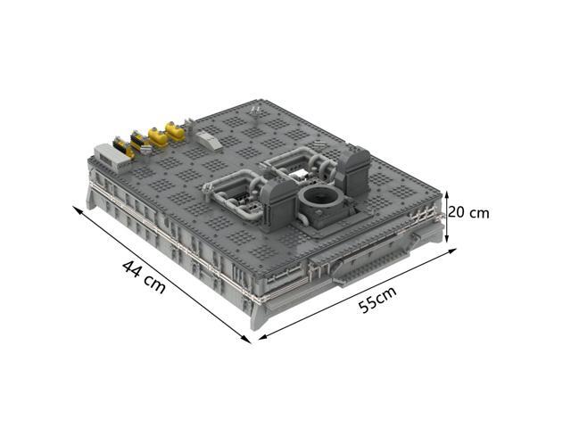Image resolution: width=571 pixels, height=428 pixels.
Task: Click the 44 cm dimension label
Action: point(144,276)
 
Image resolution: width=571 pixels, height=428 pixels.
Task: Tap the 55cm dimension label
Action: point(377,300)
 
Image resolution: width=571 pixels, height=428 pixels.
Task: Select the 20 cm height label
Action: point(468,212)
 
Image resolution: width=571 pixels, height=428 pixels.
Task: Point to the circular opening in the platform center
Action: point(320,198)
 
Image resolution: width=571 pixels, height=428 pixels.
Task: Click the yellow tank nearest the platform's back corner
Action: point(175,131)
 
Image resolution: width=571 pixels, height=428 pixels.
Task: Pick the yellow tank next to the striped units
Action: point(158,137)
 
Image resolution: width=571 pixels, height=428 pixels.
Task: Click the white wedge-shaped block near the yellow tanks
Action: point(208,140)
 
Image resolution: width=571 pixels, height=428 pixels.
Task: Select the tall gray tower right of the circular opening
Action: point(354,170)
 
